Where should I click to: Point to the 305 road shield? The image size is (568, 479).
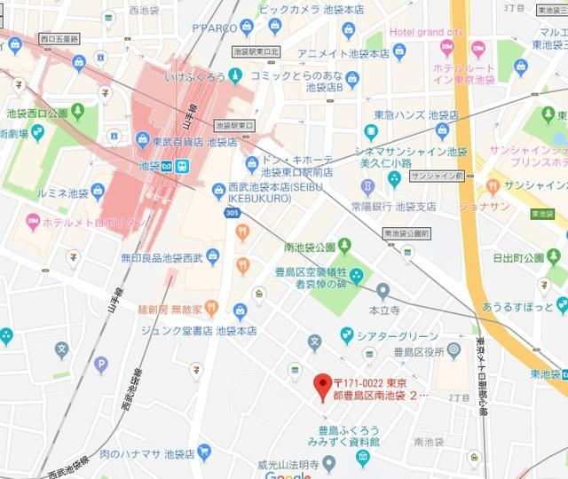[x=231, y=213]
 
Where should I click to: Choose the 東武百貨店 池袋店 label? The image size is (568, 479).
[x=186, y=141]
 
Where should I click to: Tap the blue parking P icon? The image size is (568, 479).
[x=101, y=364]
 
